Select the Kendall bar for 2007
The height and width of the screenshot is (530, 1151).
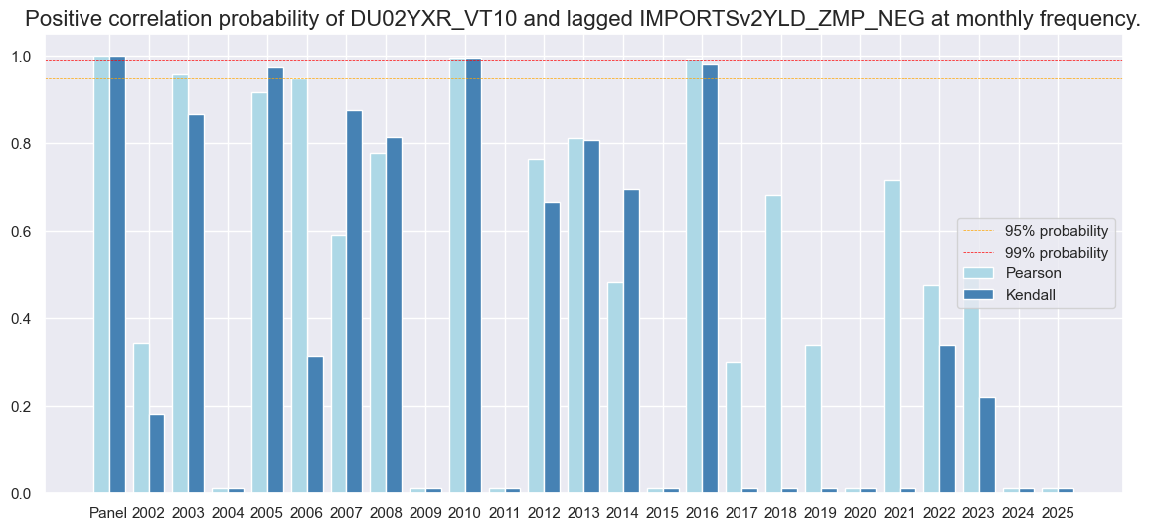coord(354,302)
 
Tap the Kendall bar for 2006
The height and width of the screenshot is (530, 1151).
coord(315,425)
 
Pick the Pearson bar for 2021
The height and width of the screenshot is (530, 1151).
coord(892,337)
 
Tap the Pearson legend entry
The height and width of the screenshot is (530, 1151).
coord(1033,273)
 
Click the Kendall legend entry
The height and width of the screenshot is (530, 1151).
coord(1033,294)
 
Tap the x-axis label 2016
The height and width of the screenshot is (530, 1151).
coord(702,513)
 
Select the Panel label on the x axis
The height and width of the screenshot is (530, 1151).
coord(108,513)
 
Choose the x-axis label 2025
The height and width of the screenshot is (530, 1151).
coord(1058,513)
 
